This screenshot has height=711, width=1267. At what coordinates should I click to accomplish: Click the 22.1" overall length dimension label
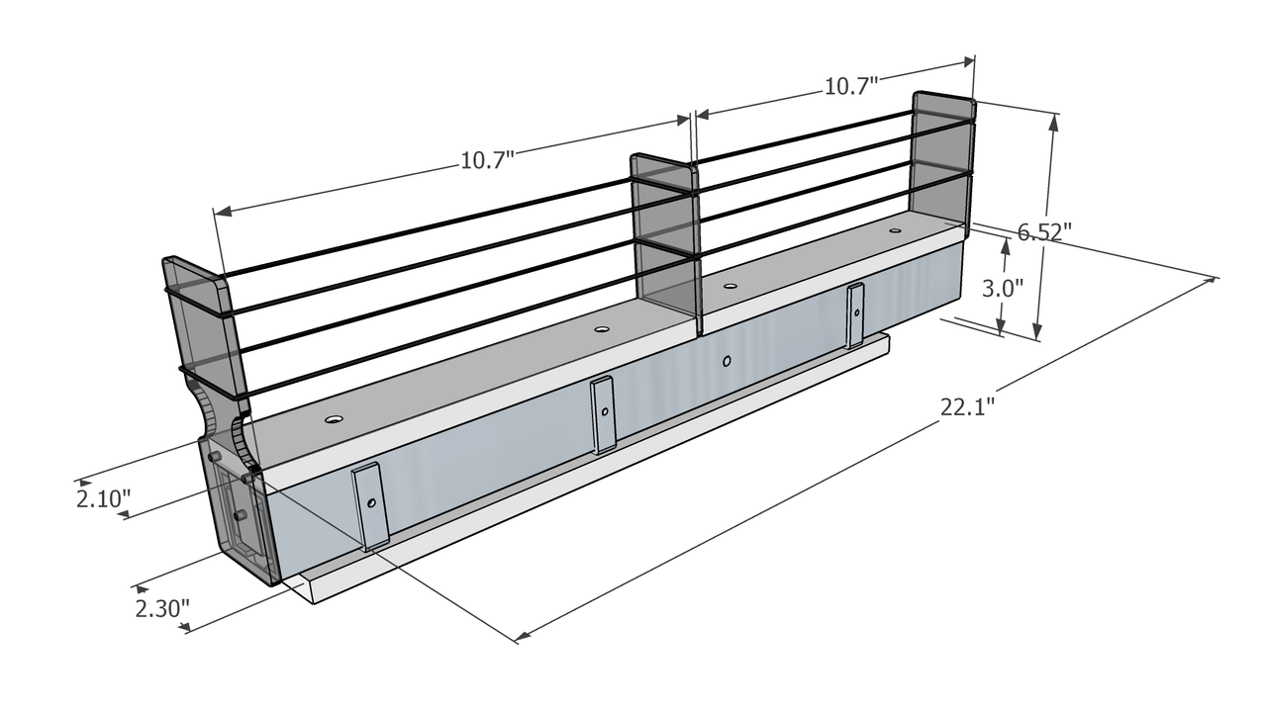pyautogui.click(x=967, y=406)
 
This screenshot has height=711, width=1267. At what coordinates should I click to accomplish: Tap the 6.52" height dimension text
pyautogui.click(x=1045, y=232)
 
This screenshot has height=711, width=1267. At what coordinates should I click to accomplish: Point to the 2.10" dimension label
pyautogui.click(x=103, y=498)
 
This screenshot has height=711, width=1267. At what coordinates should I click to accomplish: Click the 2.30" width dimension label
pyautogui.click(x=162, y=607)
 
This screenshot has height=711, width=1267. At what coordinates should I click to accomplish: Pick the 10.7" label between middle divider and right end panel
pyautogui.click(x=851, y=86)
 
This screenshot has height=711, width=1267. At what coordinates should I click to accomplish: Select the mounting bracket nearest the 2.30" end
pyautogui.click(x=370, y=505)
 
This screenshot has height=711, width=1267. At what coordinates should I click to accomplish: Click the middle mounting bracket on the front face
pyautogui.click(x=603, y=413)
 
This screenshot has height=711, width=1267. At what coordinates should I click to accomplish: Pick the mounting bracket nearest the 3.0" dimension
pyautogui.click(x=855, y=315)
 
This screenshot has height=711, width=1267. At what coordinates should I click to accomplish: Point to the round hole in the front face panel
pyautogui.click(x=728, y=361)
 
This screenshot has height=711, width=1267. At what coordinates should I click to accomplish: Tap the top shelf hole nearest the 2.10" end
pyautogui.click(x=334, y=419)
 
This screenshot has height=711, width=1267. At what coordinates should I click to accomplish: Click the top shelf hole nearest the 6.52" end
pyautogui.click(x=895, y=231)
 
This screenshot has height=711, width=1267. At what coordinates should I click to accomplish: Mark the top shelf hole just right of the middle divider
pyautogui.click(x=731, y=287)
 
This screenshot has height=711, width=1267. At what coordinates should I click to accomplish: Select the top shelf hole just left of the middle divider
pyautogui.click(x=601, y=329)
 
